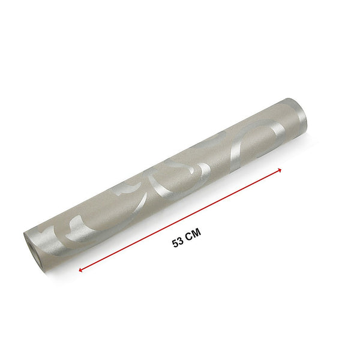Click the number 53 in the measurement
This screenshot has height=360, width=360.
(x=177, y=243)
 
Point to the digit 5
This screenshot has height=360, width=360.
(x=175, y=243)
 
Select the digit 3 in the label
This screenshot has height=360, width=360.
(x=180, y=243)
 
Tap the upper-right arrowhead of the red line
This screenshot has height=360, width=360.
(x=279, y=170)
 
